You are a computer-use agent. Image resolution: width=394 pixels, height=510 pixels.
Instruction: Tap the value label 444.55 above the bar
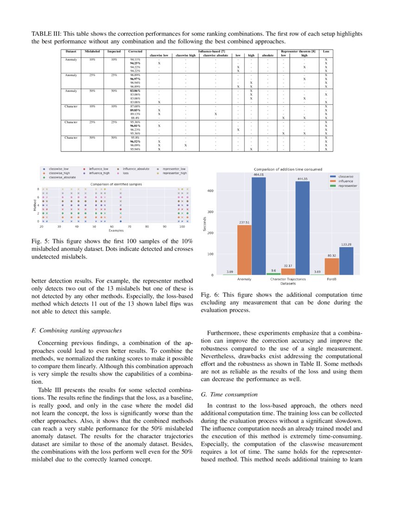click(302, 178)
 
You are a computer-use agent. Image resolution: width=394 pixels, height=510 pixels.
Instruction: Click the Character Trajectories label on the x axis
click(287, 279)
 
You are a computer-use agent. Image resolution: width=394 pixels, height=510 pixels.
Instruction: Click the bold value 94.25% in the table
click(136, 63)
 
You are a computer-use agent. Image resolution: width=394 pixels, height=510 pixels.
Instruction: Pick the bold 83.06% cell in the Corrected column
click(136, 91)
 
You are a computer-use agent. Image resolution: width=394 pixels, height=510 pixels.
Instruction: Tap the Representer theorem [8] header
click(297, 51)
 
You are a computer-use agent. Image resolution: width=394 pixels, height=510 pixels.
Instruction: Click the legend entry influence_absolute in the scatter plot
click(136, 169)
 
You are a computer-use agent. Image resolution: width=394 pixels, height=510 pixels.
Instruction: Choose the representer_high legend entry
click(174, 173)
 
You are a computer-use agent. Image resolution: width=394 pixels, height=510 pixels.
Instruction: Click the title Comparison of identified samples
click(116, 184)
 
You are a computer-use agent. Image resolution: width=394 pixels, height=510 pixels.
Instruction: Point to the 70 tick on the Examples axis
click(129, 226)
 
